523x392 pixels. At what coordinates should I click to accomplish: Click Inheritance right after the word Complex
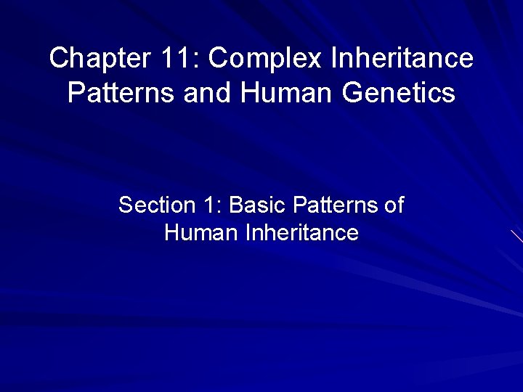[x=402, y=58]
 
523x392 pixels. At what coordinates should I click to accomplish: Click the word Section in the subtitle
[x=153, y=205]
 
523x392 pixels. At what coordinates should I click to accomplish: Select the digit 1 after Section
[x=211, y=205]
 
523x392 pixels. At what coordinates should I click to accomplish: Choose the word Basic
[x=258, y=205]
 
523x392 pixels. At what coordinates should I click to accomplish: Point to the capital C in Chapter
[x=59, y=58]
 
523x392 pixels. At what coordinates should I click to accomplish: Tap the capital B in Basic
[x=236, y=205]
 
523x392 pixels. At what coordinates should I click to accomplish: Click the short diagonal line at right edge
[x=516, y=235]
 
